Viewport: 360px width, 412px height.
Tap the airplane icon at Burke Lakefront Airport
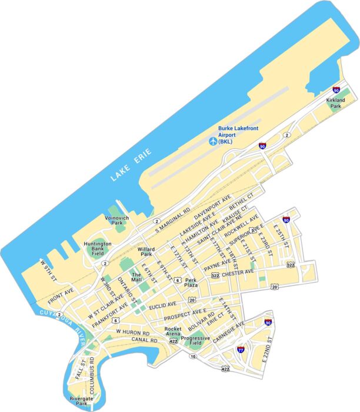(x=212, y=141)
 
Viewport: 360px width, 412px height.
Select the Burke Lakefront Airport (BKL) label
(x=238, y=135)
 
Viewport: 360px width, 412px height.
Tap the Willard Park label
(x=146, y=251)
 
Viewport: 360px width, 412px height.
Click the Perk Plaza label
(x=191, y=283)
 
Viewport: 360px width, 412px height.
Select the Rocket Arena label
(x=173, y=332)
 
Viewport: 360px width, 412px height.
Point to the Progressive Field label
(x=195, y=341)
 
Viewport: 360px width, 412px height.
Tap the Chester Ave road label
(x=238, y=273)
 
